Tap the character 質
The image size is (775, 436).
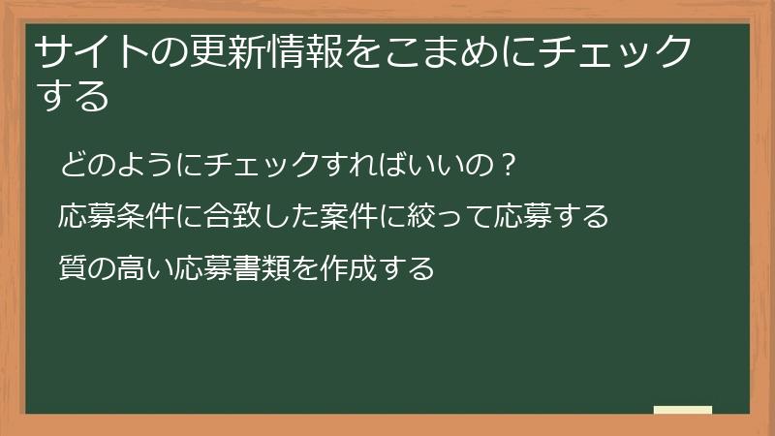pos(74,265)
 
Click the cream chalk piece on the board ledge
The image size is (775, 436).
pos(683,410)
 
